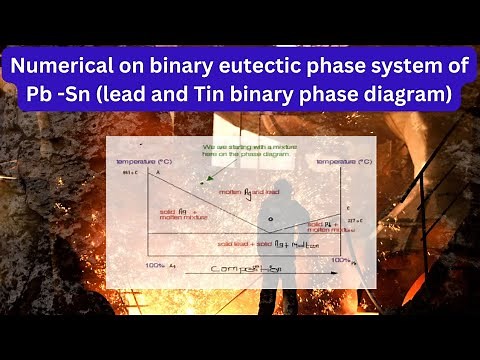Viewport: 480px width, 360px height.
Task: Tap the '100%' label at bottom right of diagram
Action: coord(341,261)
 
